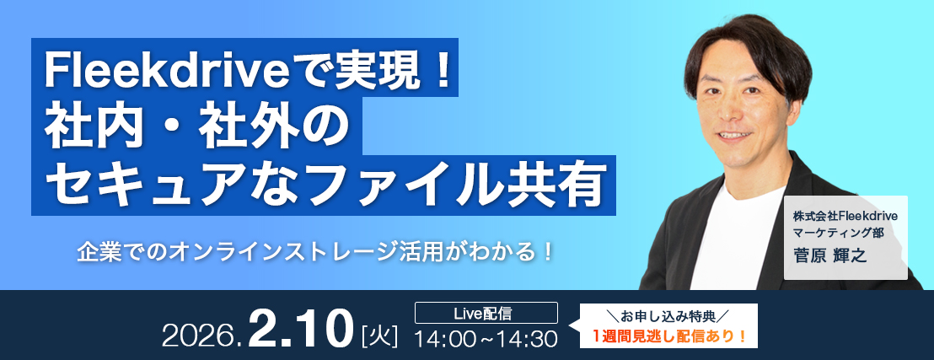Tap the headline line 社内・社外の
(196, 126)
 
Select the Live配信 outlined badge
(486, 312)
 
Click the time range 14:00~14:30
(486, 339)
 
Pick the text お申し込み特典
(669, 315)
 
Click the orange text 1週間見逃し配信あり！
(669, 336)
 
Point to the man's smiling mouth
(735, 135)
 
